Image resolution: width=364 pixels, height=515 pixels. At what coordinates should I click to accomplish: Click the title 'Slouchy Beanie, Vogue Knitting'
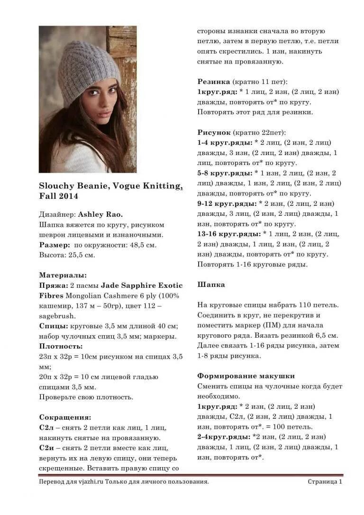[x=110, y=186]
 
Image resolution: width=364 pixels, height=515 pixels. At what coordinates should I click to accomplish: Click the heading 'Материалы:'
[x=63, y=275]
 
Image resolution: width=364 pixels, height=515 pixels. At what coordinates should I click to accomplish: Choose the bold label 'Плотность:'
[x=61, y=347]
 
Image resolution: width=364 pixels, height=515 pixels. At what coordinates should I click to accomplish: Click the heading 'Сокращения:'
[x=65, y=417]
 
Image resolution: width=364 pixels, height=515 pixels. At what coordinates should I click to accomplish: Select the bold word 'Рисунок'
[x=214, y=132]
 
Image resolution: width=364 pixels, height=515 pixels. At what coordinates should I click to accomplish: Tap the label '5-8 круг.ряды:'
[x=224, y=173]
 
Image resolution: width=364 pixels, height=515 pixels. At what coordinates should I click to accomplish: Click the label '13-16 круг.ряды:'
[x=228, y=234]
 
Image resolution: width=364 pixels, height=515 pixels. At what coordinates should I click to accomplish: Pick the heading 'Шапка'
[x=211, y=285]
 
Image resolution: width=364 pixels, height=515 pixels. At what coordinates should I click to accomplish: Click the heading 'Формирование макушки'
[x=246, y=376]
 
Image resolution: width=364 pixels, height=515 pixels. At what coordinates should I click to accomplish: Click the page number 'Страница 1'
[x=325, y=482]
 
